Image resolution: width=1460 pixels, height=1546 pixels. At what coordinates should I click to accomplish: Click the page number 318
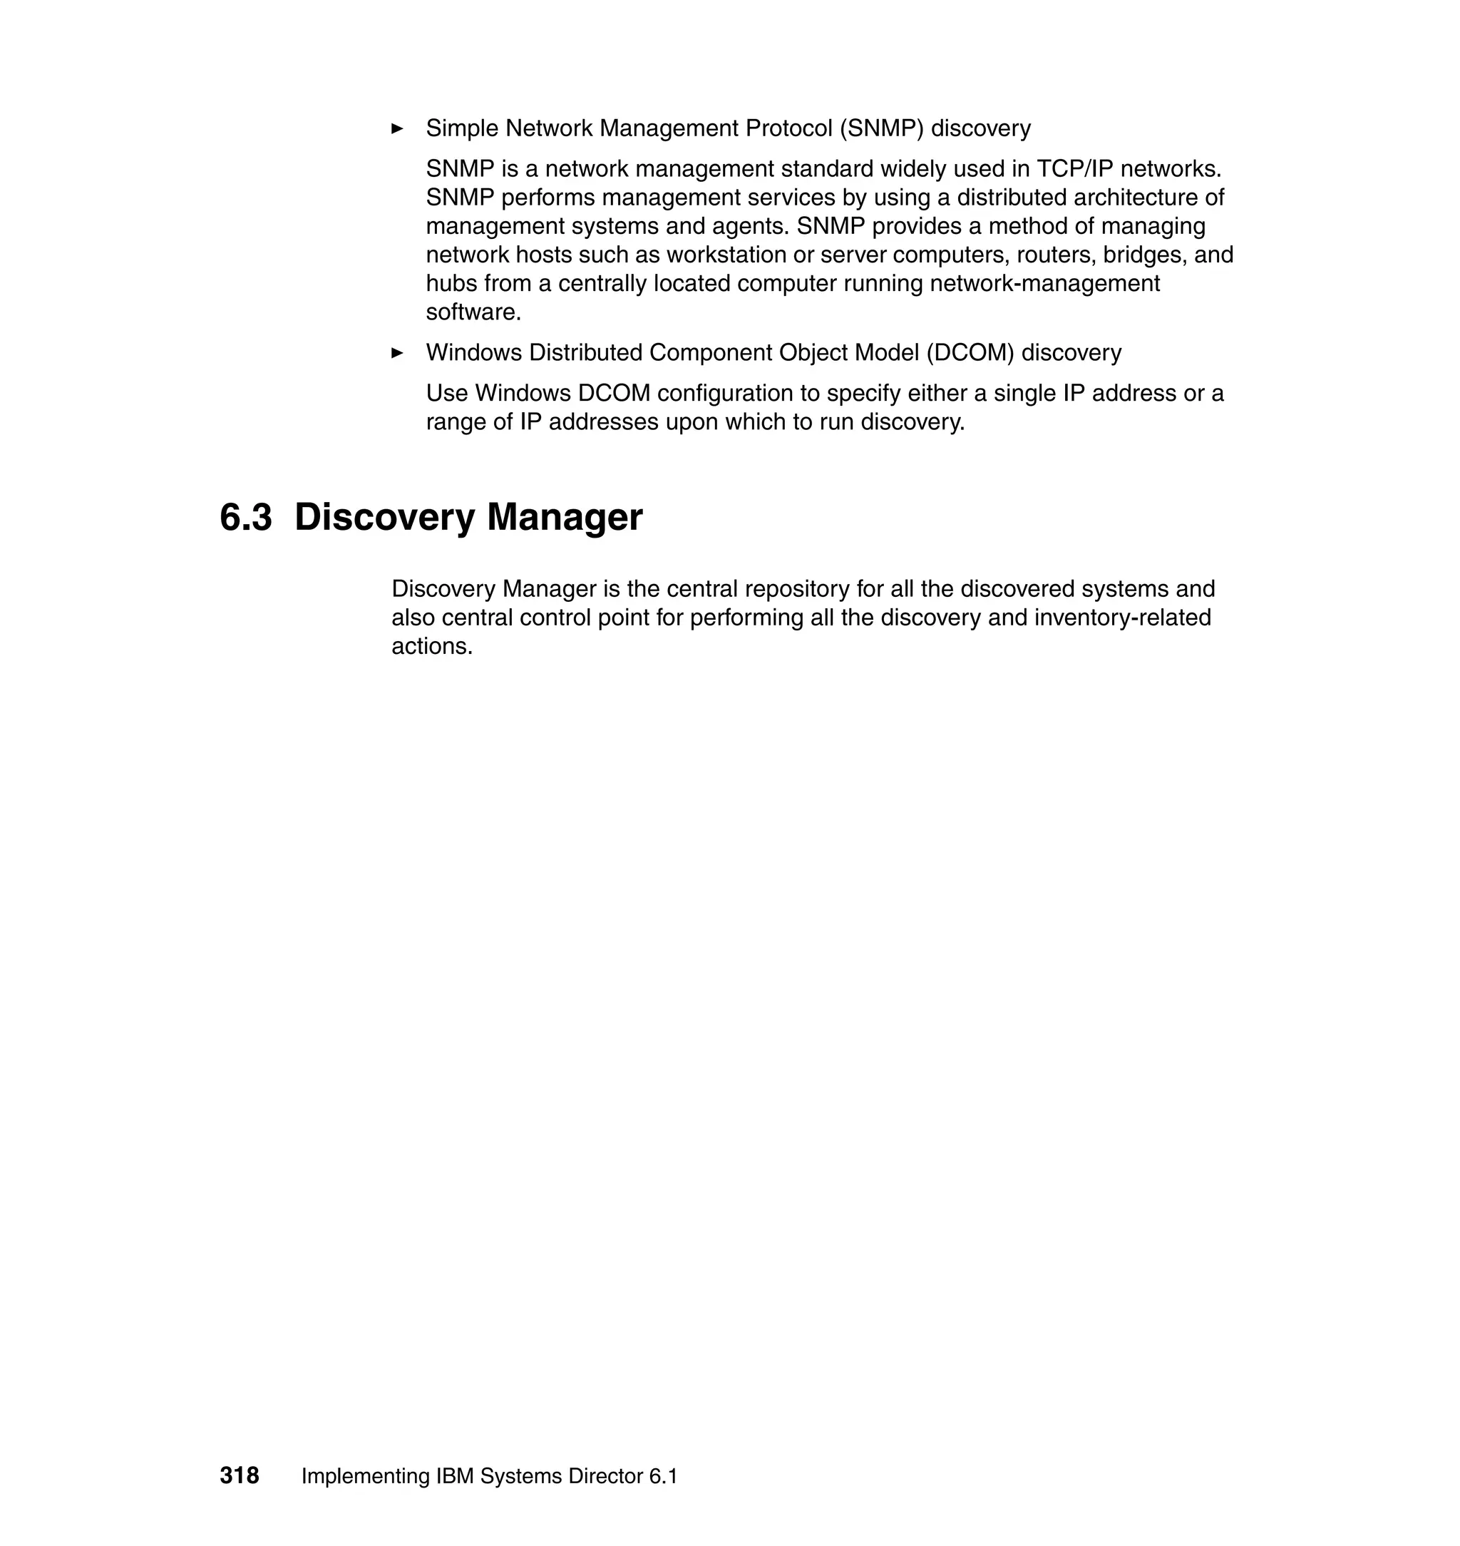click(x=239, y=1475)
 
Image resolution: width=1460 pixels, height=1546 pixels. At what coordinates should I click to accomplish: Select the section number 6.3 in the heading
click(x=246, y=517)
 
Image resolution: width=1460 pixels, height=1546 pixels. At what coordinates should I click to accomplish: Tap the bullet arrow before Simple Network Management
click(x=397, y=128)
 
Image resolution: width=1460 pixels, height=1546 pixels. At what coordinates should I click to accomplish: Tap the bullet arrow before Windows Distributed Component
click(x=397, y=353)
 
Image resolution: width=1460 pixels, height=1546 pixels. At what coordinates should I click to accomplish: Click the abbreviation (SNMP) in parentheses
click(x=881, y=128)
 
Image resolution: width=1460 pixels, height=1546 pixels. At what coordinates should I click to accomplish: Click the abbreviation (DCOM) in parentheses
click(x=970, y=353)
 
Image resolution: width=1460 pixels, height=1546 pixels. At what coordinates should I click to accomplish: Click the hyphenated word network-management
click(x=1044, y=283)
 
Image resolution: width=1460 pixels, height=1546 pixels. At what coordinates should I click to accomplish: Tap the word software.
click(x=473, y=313)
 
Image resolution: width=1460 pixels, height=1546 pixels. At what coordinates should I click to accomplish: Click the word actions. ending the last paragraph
click(x=432, y=646)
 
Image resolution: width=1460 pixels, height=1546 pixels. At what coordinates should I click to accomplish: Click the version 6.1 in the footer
click(x=663, y=1476)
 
